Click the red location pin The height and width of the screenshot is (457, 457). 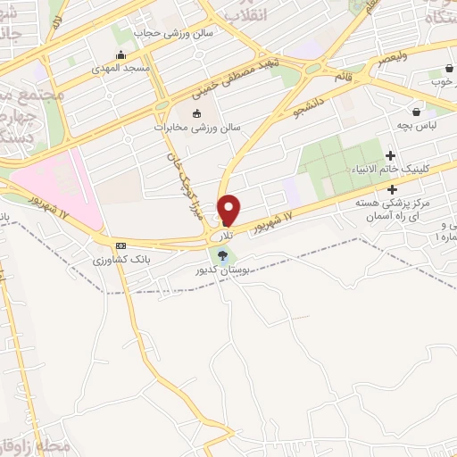coord(229,210)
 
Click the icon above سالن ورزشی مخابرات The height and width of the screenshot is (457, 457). coord(197,113)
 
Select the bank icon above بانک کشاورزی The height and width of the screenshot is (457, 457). coord(120,245)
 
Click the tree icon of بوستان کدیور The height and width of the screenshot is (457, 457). coord(221,255)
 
